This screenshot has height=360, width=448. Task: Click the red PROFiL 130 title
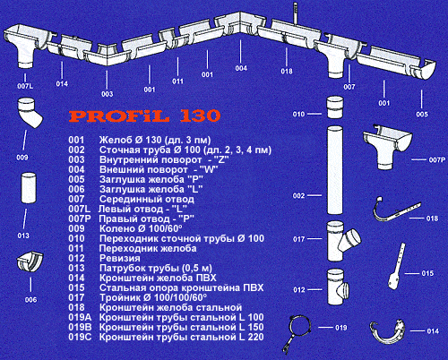pyautogui.click(x=145, y=116)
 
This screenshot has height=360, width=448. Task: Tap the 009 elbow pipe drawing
pyautogui.click(x=30, y=112)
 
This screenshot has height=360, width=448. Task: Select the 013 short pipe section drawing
pyautogui.click(x=29, y=188)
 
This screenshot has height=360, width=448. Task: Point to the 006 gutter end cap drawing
pyautogui.click(x=30, y=262)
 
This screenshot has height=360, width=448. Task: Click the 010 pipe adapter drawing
pyautogui.click(x=334, y=107)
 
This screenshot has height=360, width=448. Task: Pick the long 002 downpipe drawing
pyautogui.click(x=335, y=170)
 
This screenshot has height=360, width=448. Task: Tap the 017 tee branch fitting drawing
pyautogui.click(x=342, y=241)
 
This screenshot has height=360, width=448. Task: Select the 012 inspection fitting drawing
pyautogui.click(x=338, y=287)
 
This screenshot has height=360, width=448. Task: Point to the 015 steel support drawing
pyautogui.click(x=397, y=267)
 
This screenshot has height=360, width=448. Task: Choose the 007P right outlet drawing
pyautogui.click(x=387, y=147)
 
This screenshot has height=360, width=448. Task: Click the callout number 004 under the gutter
pyautogui.click(x=241, y=68)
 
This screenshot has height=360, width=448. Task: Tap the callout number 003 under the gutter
pyautogui.click(x=108, y=94)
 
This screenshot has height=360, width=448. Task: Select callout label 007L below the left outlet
pyautogui.click(x=25, y=86)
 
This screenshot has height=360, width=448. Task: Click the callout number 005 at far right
pyautogui.click(x=422, y=114)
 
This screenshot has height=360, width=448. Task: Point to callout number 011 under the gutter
pyautogui.click(x=177, y=81)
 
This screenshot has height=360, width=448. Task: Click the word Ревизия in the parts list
pyautogui.click(x=119, y=259)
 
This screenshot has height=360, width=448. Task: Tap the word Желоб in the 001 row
pyautogui.click(x=114, y=140)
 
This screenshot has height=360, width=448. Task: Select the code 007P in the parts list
pyautogui.click(x=79, y=219)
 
